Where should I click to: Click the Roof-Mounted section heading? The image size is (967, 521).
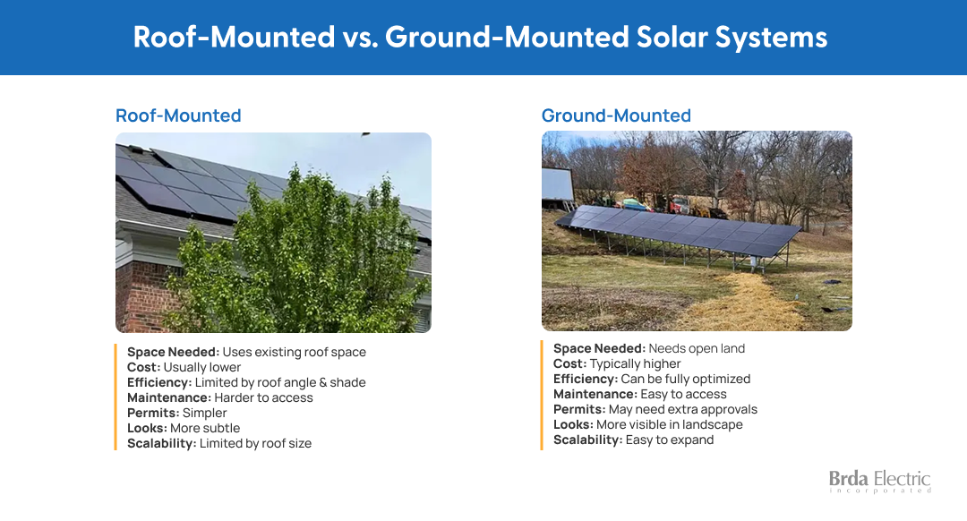click(178, 115)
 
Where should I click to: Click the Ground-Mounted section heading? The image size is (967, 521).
click(616, 115)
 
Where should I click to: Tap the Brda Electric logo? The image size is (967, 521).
click(879, 482)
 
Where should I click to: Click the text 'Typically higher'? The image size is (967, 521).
click(635, 363)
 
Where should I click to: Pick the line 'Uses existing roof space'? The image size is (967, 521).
click(295, 352)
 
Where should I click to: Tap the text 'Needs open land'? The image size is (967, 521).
click(697, 348)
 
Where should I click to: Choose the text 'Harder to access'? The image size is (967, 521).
click(263, 397)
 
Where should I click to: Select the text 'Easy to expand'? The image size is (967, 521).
click(670, 440)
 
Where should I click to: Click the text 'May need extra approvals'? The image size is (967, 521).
click(682, 409)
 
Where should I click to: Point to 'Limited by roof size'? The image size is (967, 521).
click(255, 443)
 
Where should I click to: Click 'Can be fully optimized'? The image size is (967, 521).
click(686, 379)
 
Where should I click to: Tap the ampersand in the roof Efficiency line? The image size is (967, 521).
click(322, 382)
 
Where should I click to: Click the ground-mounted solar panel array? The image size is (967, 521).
click(679, 231)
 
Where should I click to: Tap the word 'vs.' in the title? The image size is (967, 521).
click(360, 37)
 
